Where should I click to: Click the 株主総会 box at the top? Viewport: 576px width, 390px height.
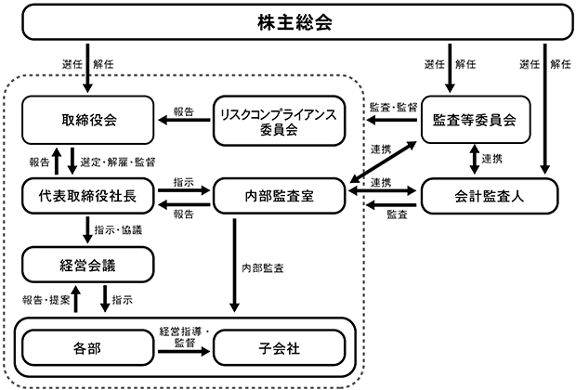tap(297, 22)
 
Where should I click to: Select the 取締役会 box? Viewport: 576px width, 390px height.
tap(88, 120)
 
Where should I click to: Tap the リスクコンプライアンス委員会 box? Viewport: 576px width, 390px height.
tap(280, 121)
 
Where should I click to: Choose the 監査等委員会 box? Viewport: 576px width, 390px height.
tap(476, 120)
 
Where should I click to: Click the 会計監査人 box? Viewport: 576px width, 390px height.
tap(490, 196)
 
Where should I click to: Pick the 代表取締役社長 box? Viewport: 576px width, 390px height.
tap(88, 196)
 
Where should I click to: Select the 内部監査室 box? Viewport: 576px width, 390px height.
tap(280, 196)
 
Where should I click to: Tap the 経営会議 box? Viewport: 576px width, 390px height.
tap(88, 265)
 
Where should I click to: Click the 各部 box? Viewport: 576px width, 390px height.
tap(88, 348)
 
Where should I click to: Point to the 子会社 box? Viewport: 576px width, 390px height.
tap(280, 348)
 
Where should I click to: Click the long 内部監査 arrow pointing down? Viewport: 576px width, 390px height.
tap(234, 266)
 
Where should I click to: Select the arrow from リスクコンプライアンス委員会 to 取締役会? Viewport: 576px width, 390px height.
tap(184, 120)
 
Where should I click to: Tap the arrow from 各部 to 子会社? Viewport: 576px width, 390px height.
tap(184, 352)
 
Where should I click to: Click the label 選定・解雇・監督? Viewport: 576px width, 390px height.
tap(118, 162)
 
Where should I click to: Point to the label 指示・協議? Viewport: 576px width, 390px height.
tap(118, 230)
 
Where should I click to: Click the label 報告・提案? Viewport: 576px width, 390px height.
tap(46, 300)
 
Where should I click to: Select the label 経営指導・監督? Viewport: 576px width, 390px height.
tap(184, 337)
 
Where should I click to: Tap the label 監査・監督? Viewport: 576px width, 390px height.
tap(393, 107)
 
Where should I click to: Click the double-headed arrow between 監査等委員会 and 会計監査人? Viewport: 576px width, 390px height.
tap(475, 159)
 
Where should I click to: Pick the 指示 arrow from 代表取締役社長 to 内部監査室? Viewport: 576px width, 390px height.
tap(184, 190)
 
